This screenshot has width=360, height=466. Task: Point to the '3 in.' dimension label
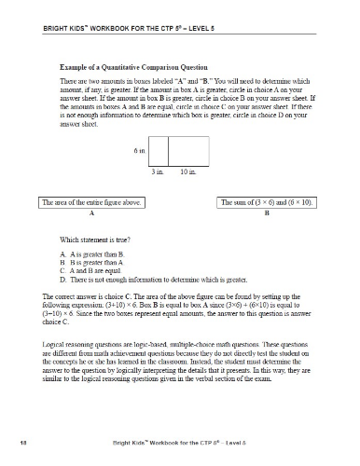pyautogui.click(x=158, y=172)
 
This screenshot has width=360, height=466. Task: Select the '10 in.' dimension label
pyautogui.click(x=187, y=172)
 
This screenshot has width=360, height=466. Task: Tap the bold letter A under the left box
pyautogui.click(x=91, y=212)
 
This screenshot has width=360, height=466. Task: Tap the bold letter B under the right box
pyautogui.click(x=267, y=212)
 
